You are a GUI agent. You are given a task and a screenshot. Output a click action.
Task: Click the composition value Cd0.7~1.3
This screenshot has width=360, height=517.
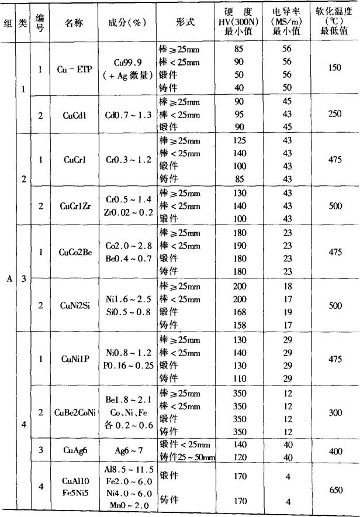point(127,115)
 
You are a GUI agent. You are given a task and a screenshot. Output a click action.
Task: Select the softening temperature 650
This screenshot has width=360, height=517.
point(335,491)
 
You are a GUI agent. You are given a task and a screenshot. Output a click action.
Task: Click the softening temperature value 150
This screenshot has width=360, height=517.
point(335,68)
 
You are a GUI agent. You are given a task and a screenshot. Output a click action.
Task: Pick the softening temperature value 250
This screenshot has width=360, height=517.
point(335,114)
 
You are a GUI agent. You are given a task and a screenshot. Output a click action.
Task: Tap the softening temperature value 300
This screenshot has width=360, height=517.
point(335,412)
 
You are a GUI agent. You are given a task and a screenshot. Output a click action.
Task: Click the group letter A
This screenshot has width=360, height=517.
point(9,279)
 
